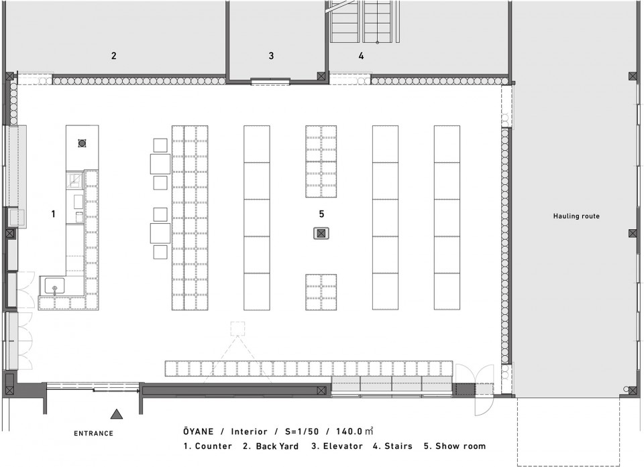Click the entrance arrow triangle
coord(117,415)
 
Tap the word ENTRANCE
coord(93,433)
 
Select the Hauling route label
coord(576,216)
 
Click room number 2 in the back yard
coord(114,56)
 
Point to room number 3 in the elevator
coord(271,56)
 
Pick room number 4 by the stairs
coord(361,56)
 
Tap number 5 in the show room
coord(321,214)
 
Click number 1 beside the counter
coord(53,214)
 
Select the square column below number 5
coord(321,233)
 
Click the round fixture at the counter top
coord(82,143)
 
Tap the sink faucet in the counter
coord(54,289)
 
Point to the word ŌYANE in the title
coord(199,431)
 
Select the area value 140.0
coord(349,431)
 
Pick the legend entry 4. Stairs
coord(392,446)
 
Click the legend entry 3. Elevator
coord(337,446)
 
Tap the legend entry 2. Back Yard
coord(270,446)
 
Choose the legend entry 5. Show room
coord(455,446)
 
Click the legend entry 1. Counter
coord(207,446)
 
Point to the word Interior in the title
coord(250,431)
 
